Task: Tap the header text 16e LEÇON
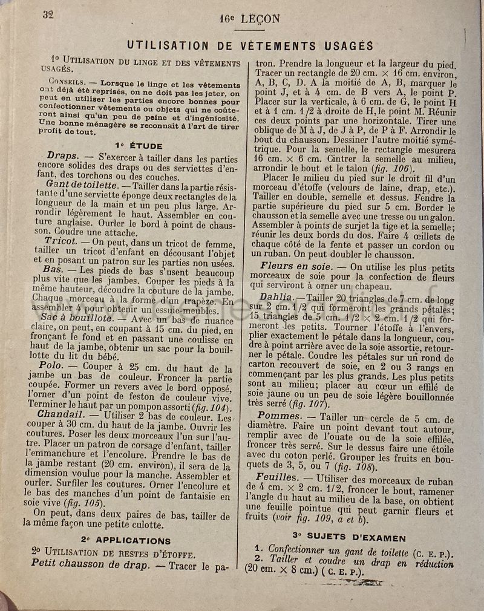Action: tap(250, 19)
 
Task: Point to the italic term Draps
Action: tap(62, 155)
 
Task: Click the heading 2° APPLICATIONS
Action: tap(126, 540)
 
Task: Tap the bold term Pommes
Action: tap(279, 416)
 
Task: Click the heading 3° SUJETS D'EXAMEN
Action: tap(348, 537)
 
